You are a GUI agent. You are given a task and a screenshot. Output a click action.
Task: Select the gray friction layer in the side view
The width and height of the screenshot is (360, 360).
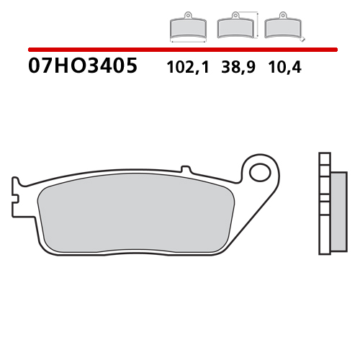point(333,212)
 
